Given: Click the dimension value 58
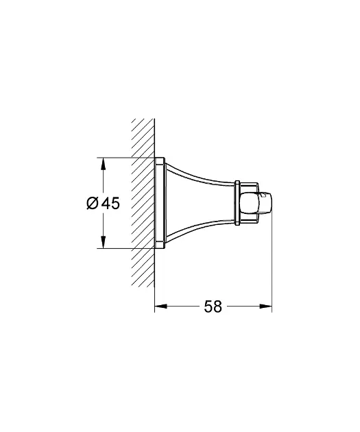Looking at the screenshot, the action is point(213,307).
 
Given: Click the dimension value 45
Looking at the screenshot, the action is point(110,204).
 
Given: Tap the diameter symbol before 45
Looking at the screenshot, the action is point(93,204).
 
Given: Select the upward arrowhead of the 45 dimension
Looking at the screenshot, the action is point(103,164).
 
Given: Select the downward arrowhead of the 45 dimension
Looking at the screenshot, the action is point(103,241).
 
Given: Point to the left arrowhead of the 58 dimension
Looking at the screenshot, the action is point(161,306).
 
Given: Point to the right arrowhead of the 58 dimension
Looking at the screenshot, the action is point(265,306).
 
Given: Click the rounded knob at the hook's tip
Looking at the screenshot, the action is point(256,204).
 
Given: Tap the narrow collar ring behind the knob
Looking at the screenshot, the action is point(237,204).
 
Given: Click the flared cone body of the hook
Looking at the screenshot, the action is point(200,204).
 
